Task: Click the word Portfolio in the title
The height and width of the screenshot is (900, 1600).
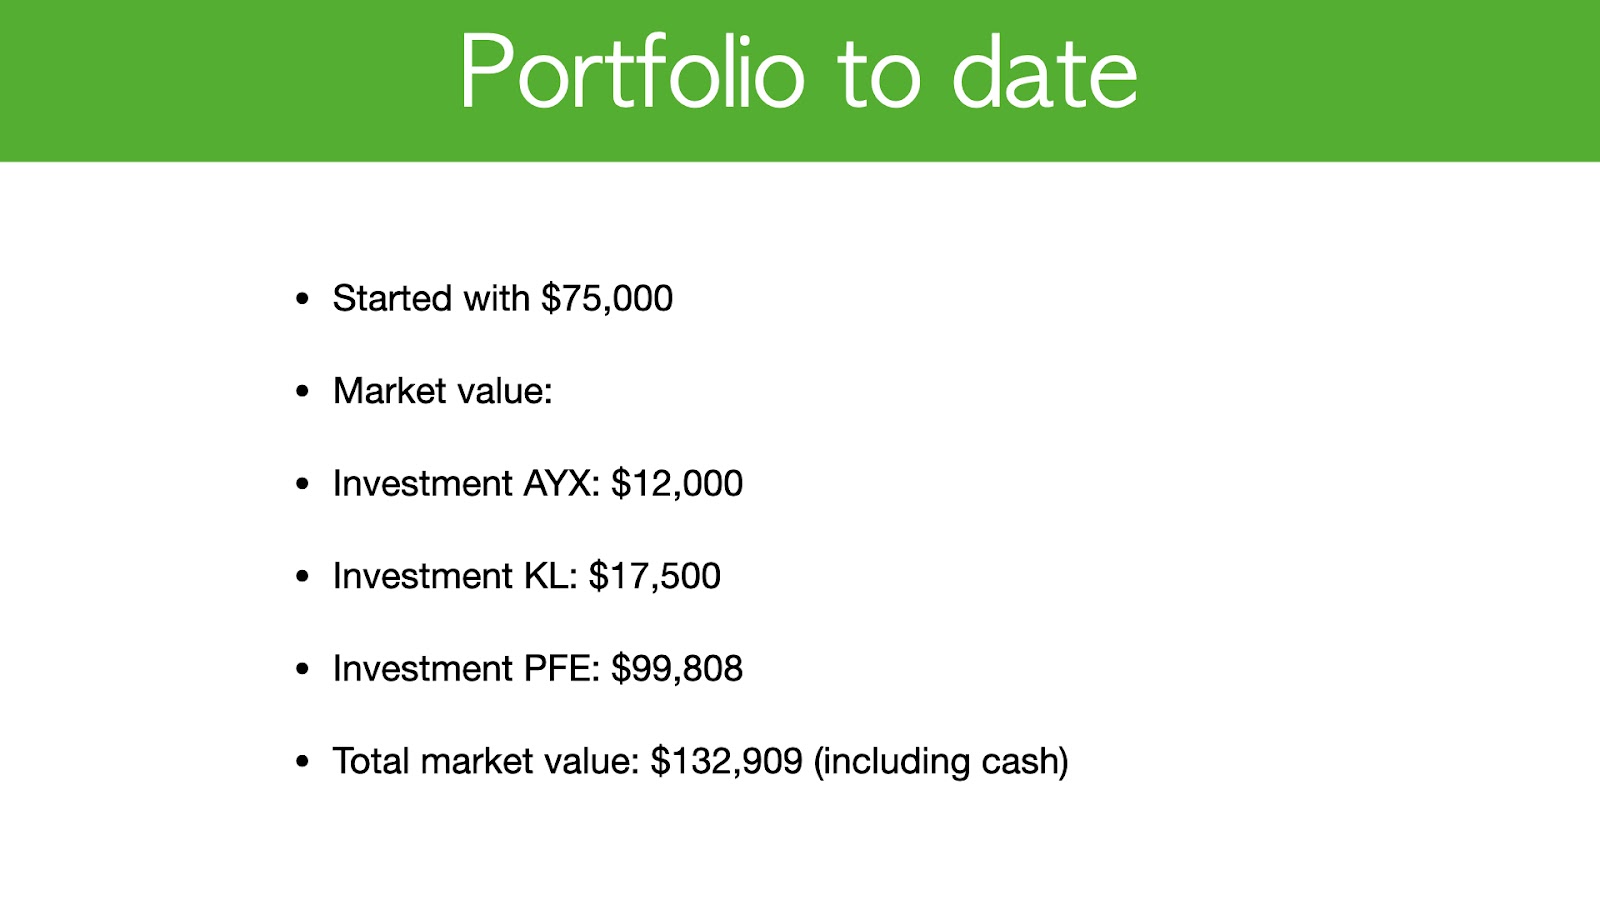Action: coord(632,71)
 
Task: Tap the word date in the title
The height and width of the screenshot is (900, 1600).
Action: coord(1045,71)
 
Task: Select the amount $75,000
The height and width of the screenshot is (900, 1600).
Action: coord(606,299)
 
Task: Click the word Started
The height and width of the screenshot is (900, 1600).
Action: coord(391,298)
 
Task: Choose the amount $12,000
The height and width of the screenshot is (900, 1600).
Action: coord(676,484)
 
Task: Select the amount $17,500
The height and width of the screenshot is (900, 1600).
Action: coord(654,576)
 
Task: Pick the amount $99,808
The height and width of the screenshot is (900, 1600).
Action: coord(676,669)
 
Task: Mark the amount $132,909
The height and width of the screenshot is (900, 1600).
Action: coord(726,761)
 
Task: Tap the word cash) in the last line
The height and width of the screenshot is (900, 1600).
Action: coord(1025,761)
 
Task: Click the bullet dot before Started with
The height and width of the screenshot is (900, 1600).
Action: coord(302,299)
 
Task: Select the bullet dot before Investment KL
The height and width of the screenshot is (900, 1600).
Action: coord(302,576)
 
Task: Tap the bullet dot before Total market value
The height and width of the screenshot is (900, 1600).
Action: coord(302,761)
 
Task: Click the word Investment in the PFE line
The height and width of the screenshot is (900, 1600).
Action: coord(423,669)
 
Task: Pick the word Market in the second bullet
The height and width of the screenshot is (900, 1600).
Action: coord(389,391)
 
